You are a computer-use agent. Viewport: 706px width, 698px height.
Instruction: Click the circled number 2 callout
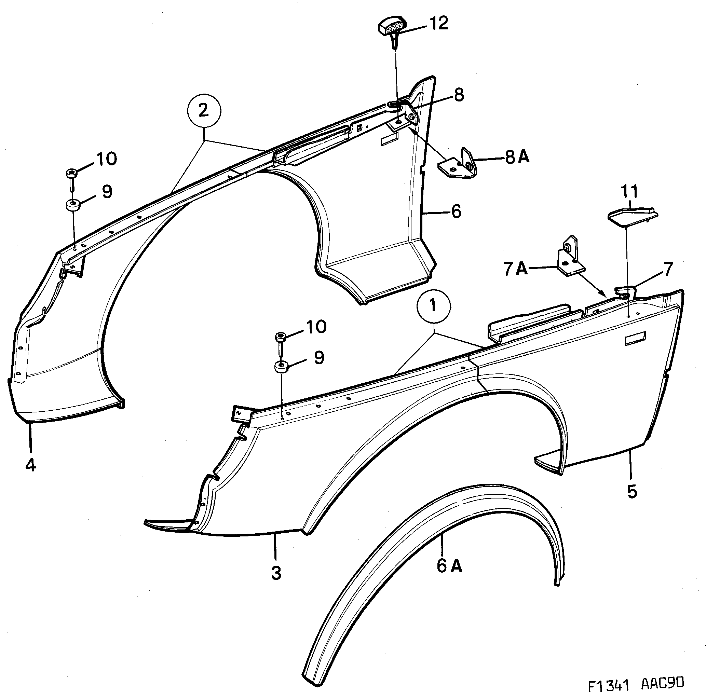click(x=204, y=111)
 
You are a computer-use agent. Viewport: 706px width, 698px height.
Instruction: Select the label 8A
click(x=517, y=158)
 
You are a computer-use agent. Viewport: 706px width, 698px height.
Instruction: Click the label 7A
click(x=516, y=269)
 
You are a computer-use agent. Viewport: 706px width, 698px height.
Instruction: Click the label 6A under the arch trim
click(x=449, y=566)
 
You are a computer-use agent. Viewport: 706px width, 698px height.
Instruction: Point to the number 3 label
click(x=276, y=573)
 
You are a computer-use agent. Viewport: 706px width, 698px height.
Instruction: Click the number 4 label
click(x=31, y=465)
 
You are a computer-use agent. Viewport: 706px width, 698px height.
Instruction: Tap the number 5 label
click(x=632, y=492)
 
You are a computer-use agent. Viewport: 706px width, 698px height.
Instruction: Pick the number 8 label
click(x=459, y=95)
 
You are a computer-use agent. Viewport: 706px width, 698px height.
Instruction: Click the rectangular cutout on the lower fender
click(x=635, y=338)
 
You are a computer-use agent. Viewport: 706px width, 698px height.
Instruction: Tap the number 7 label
click(x=668, y=269)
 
